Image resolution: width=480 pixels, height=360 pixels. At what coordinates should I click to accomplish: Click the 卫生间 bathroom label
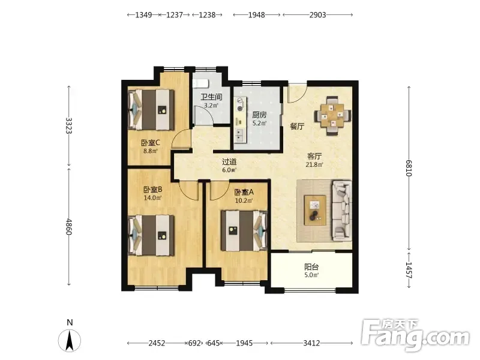[x=211, y=97]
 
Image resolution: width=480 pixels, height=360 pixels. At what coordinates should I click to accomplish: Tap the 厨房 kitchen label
[x=259, y=115]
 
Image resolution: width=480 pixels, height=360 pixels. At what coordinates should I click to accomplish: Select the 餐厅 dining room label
[x=297, y=126]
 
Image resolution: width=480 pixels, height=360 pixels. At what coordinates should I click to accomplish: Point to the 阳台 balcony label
[x=311, y=266]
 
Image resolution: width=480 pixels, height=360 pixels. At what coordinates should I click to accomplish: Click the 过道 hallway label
[x=229, y=161]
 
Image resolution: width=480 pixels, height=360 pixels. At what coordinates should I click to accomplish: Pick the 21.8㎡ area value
[x=314, y=164]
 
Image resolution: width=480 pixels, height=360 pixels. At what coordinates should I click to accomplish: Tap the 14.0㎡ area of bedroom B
[x=152, y=198]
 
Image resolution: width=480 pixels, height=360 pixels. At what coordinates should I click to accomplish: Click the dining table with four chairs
[x=332, y=115]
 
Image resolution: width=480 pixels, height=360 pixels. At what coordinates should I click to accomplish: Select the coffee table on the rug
[x=315, y=210]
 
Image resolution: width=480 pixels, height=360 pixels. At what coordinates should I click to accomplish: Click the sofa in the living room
[x=341, y=210]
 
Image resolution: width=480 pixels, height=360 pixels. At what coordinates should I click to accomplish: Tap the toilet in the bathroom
[x=200, y=83]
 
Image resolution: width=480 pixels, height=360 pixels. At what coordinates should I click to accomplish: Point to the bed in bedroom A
[x=244, y=230]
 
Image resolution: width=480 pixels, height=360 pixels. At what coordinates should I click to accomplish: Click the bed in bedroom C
[x=151, y=109]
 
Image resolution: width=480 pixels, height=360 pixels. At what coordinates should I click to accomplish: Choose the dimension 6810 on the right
[x=409, y=168]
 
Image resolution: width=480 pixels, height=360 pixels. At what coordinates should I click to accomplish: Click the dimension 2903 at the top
[x=317, y=14]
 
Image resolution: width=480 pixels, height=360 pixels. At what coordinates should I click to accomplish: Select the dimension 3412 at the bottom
[x=311, y=343]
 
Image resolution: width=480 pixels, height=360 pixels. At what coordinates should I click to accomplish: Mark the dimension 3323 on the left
[x=68, y=125]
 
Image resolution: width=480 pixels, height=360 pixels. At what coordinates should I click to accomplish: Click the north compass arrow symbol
[x=70, y=340]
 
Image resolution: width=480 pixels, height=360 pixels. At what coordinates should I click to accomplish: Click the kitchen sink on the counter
[x=239, y=136]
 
